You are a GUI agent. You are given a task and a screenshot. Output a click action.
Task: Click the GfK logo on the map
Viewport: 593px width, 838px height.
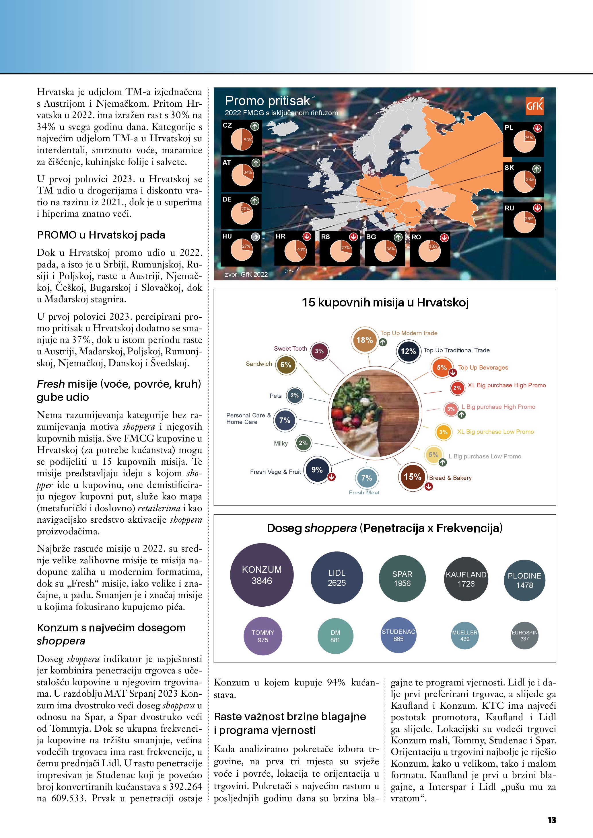[x=534, y=106]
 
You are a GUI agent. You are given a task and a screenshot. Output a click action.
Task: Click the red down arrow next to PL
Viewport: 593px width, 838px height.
[x=538, y=128]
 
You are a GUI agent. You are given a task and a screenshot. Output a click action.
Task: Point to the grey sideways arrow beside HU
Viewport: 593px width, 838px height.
[x=255, y=237]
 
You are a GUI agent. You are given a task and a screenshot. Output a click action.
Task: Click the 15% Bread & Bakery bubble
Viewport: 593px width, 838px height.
[x=412, y=477]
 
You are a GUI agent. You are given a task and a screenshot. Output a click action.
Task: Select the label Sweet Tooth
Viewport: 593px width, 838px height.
[x=290, y=349]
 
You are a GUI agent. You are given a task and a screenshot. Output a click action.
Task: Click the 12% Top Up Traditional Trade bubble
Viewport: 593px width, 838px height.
[x=408, y=351]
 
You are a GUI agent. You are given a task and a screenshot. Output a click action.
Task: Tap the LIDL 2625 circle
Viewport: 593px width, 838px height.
[x=337, y=578]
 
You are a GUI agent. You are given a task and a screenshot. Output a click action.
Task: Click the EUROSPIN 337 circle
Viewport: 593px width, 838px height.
[x=524, y=635]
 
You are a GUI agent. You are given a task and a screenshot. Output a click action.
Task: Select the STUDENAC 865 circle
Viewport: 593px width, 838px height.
[x=398, y=635]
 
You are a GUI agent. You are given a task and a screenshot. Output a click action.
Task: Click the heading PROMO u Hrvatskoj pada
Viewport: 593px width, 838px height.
[x=101, y=235]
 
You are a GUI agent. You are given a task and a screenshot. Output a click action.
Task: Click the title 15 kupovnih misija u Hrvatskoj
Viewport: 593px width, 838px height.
[x=385, y=302]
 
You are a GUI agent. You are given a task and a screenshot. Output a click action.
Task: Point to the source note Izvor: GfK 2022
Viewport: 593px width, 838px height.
[x=245, y=274]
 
